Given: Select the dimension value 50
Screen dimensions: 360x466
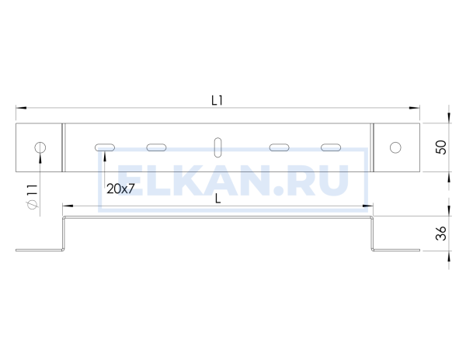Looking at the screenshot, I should (x=440, y=147).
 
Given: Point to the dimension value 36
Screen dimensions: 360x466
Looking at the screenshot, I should (x=440, y=234).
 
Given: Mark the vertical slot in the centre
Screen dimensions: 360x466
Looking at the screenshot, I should (x=217, y=147).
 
